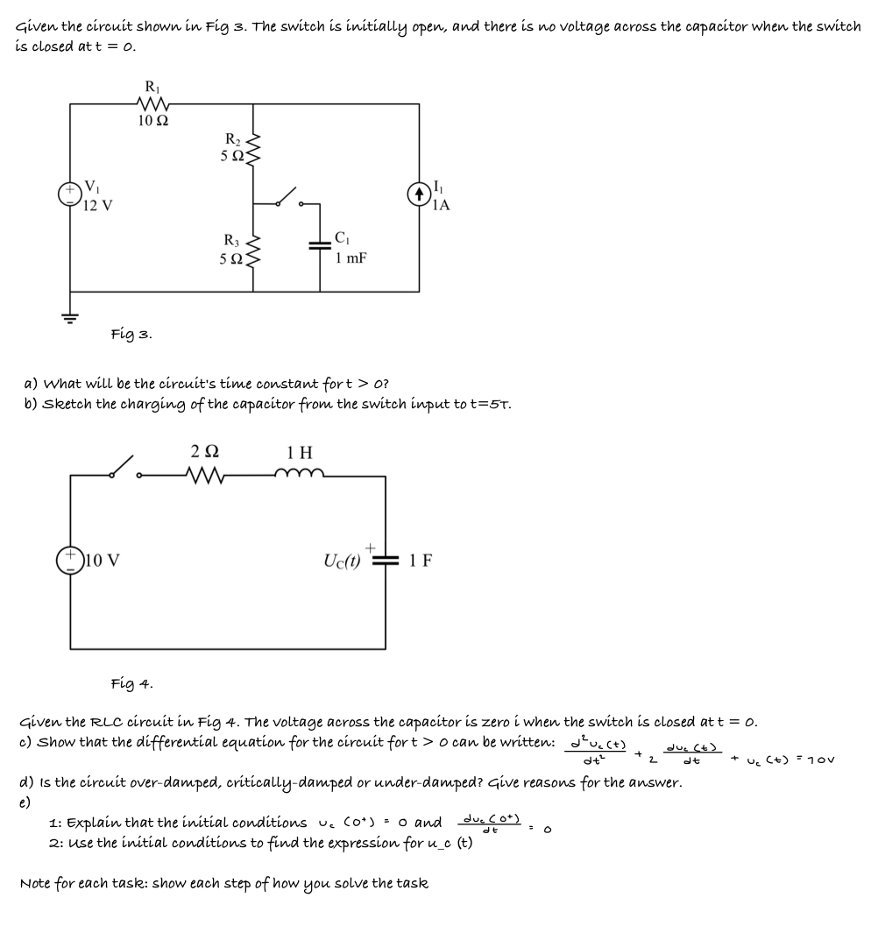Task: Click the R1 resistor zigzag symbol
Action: [152, 105]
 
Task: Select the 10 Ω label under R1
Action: [153, 121]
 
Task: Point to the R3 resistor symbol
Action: [254, 251]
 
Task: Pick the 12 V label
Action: [97, 206]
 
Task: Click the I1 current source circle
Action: [418, 194]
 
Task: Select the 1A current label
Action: [442, 206]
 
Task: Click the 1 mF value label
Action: [351, 258]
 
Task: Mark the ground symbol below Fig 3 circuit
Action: [70, 317]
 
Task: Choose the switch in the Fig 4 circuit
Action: [124, 468]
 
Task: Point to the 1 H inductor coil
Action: [299, 475]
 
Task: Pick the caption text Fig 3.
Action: [132, 333]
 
